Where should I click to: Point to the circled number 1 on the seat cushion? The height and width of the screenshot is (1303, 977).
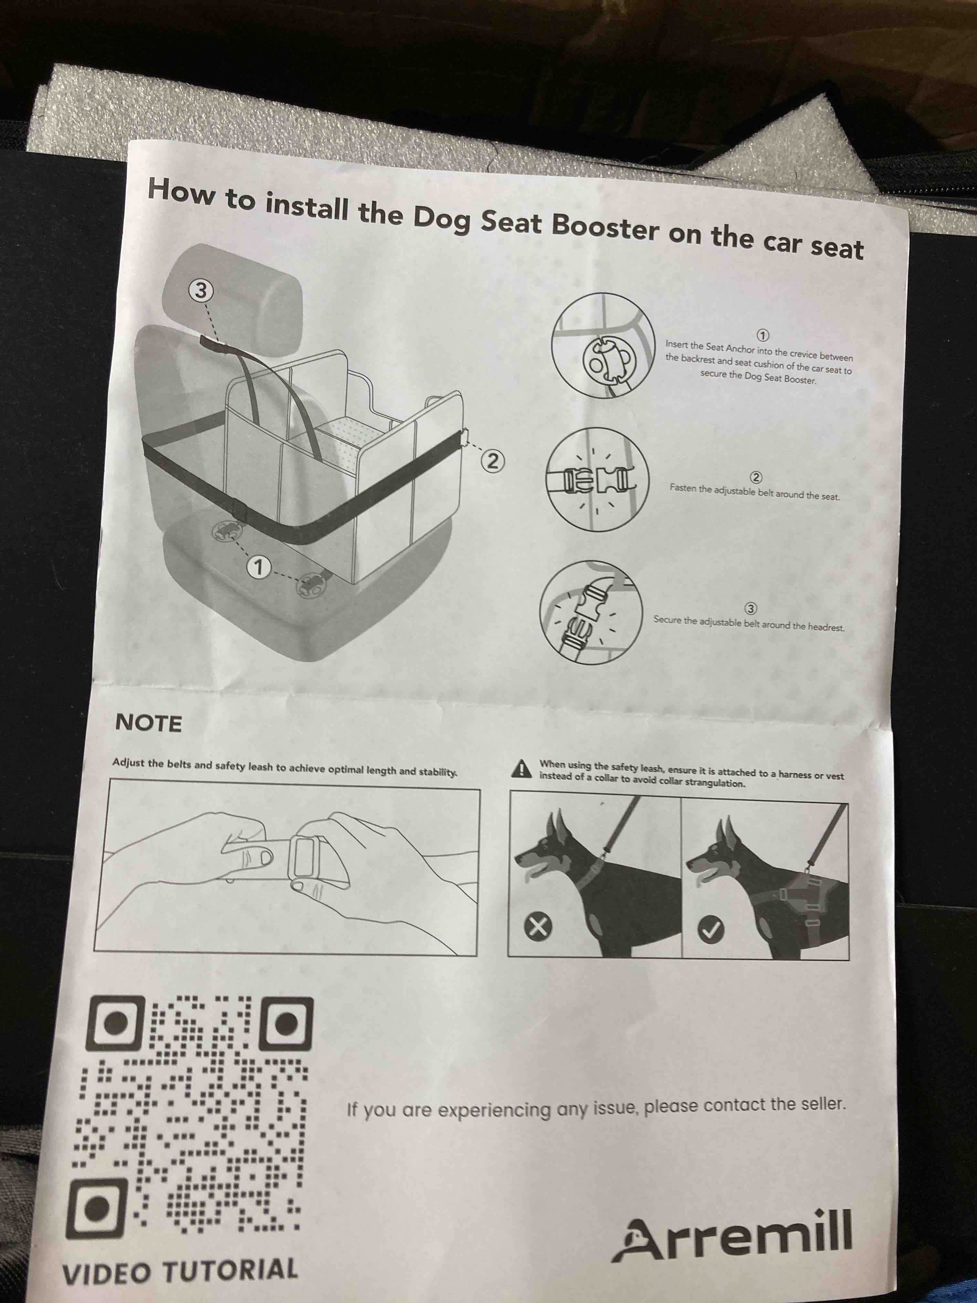pyautogui.click(x=258, y=567)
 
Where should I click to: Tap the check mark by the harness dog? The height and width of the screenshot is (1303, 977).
pyautogui.click(x=711, y=929)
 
